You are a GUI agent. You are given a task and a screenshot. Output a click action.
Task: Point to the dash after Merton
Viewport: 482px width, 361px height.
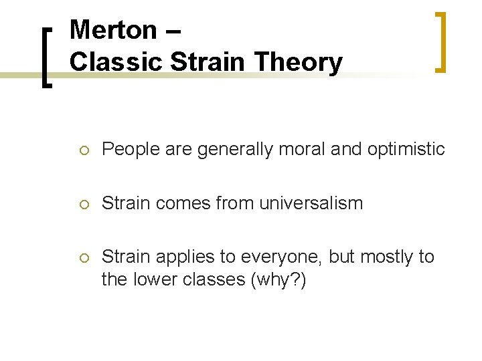coord(171,31)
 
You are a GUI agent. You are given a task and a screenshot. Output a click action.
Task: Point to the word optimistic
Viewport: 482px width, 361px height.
coord(406,149)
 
